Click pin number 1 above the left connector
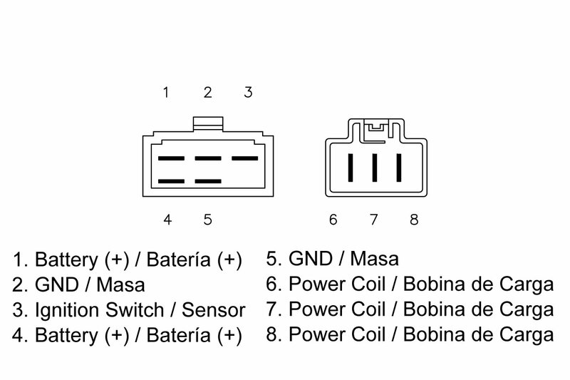[x=166, y=93]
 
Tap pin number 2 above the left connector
[x=207, y=93]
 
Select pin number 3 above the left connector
[x=248, y=93]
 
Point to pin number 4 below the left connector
[x=167, y=220]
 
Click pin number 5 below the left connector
[x=207, y=220]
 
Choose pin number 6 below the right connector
[x=333, y=220]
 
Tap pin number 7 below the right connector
[x=373, y=220]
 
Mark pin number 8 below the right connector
[x=414, y=220]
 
